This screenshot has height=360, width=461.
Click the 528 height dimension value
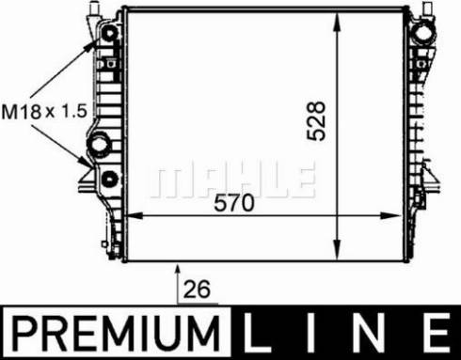320,119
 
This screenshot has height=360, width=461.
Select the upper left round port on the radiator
109,37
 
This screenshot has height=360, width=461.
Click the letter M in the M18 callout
10,111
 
